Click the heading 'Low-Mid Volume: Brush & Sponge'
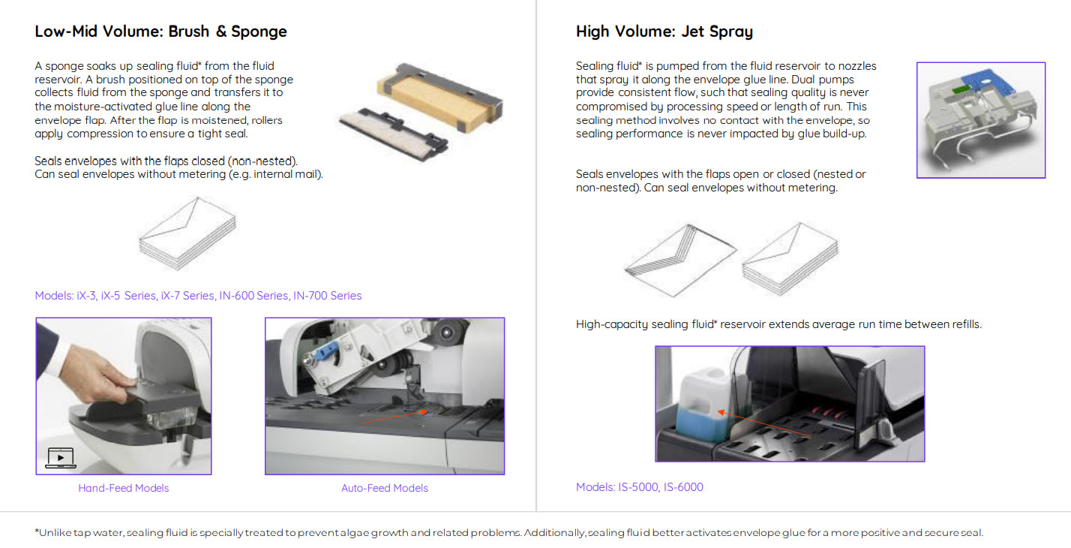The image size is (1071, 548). pyautogui.click(x=160, y=32)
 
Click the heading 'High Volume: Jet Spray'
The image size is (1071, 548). pyautogui.click(x=664, y=32)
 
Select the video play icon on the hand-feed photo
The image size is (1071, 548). pyautogui.click(x=60, y=458)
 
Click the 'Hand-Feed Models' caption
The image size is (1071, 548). pyautogui.click(x=123, y=488)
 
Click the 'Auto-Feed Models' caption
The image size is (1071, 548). pyautogui.click(x=385, y=488)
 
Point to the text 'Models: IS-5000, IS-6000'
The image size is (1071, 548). pyautogui.click(x=639, y=487)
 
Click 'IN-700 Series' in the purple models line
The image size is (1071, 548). pyautogui.click(x=327, y=296)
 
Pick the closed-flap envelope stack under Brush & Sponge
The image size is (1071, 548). pyautogui.click(x=187, y=233)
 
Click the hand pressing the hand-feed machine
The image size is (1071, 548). pyautogui.click(x=86, y=364)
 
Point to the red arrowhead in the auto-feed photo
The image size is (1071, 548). pyautogui.click(x=424, y=411)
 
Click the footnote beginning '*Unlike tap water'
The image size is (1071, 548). pyautogui.click(x=508, y=533)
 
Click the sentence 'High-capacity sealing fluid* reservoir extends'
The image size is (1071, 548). pyautogui.click(x=778, y=324)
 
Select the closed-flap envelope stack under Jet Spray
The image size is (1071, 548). pyautogui.click(x=790, y=258)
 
